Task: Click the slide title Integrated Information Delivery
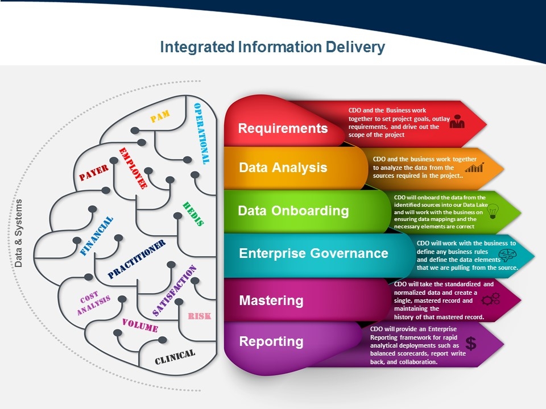272,47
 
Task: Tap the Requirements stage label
283,128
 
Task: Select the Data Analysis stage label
283,168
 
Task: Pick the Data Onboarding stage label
293,211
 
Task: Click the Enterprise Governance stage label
313,253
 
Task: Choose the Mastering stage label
271,300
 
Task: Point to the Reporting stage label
271,341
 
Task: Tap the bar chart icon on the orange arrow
474,168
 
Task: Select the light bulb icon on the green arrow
493,211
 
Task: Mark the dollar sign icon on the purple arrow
471,343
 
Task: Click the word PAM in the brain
160,117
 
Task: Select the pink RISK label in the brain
199,316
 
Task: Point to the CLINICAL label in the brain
175,356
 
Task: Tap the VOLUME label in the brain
140,325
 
